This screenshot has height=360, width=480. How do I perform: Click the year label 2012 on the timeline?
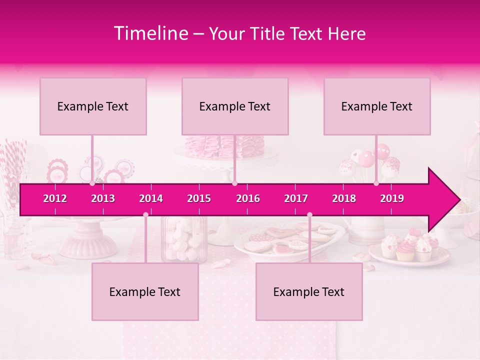(55, 198)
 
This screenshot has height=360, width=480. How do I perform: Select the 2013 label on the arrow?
(103, 198)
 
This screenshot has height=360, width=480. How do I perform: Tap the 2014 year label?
(151, 198)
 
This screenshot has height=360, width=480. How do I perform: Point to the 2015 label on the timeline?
(199, 198)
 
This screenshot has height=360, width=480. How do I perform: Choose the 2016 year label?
(248, 198)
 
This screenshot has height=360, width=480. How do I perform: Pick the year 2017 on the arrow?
(296, 198)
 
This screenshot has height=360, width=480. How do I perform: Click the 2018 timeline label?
(344, 198)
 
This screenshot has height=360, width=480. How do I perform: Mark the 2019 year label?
(392, 198)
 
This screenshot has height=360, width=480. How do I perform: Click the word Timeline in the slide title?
(150, 33)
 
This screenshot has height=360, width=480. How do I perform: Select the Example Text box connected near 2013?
(93, 106)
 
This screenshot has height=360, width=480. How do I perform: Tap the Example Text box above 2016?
(235, 106)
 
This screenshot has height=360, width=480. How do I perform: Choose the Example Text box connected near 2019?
(377, 106)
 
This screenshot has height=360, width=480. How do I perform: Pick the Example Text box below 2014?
(145, 291)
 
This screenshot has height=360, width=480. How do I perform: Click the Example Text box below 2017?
(309, 291)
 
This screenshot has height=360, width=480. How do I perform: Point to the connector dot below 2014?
(145, 215)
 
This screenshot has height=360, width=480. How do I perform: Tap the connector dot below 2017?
(309, 215)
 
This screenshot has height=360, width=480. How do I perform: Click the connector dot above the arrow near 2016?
(234, 183)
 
